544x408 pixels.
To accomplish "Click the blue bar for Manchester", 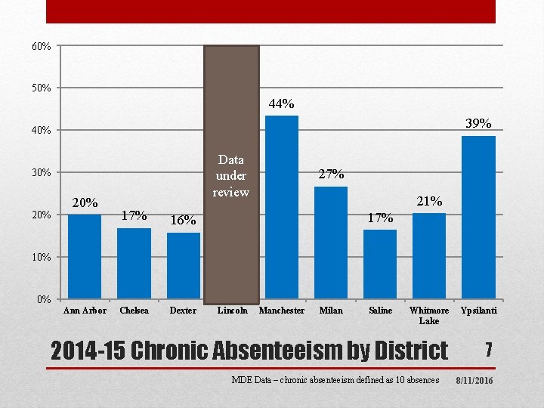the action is click(x=282, y=207).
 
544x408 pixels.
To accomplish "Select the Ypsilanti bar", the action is click(x=478, y=218).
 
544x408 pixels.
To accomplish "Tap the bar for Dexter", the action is click(x=184, y=266).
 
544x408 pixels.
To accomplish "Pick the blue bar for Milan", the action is click(x=331, y=243).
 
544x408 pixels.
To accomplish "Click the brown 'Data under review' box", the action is click(x=231, y=175).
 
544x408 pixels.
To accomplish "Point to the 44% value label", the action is click(x=281, y=104).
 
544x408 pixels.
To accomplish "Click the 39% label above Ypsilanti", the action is click(x=478, y=123).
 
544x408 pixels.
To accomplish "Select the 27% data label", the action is click(x=332, y=174).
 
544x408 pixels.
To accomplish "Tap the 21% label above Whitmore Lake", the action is click(x=429, y=201).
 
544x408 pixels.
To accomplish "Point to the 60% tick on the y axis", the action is click(x=42, y=46).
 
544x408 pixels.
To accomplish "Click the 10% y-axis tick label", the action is click(x=42, y=257).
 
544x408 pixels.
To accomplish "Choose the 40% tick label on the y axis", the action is click(x=42, y=131).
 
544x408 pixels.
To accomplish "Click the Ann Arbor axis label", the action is click(x=85, y=311).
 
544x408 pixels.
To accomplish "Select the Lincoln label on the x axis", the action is click(x=233, y=311).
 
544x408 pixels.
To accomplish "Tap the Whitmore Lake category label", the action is click(x=429, y=315).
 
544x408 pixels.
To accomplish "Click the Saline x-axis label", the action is click(x=381, y=311).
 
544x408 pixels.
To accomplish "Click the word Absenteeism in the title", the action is click(x=277, y=351).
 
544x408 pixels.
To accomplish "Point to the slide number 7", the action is click(x=489, y=350).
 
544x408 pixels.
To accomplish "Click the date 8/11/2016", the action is click(x=474, y=381).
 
